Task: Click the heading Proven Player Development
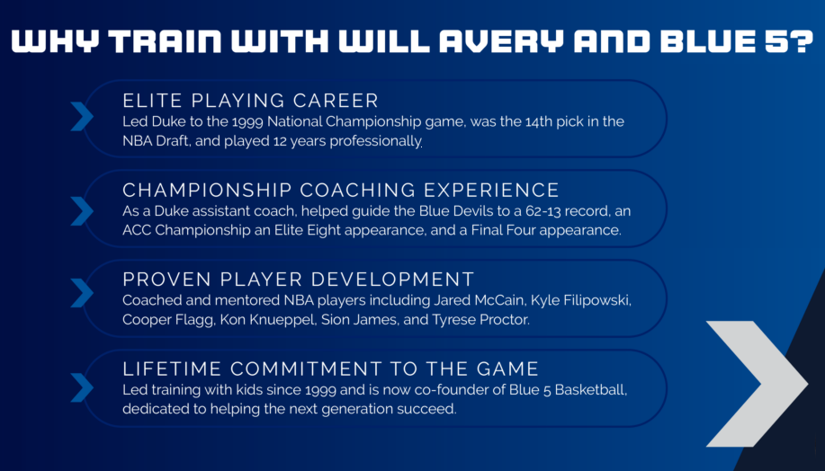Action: pyautogui.click(x=299, y=280)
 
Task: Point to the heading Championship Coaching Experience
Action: pyautogui.click(x=341, y=190)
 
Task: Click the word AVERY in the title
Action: pyautogui.click(x=501, y=41)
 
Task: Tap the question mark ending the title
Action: pyautogui.click(x=802, y=41)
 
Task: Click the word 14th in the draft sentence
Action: pyautogui.click(x=538, y=121)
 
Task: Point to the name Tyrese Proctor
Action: pyautogui.click(x=481, y=320)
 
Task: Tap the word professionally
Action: pyautogui.click(x=376, y=141)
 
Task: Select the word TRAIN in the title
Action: pyautogui.click(x=165, y=41)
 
